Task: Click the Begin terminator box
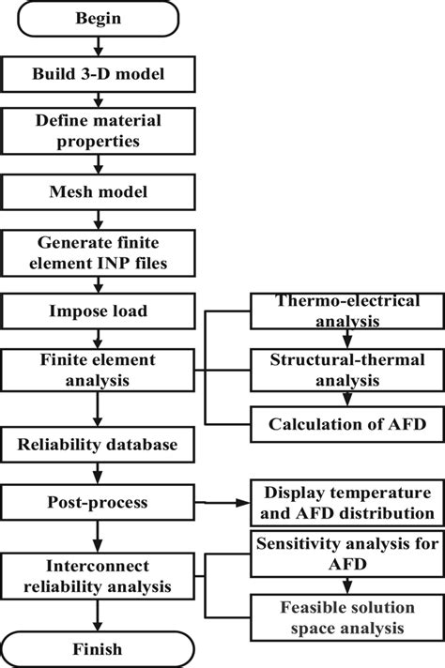[98, 18]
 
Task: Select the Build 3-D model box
[98, 73]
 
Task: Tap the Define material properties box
[98, 132]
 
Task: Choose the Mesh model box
[98, 192]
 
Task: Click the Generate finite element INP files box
[98, 251]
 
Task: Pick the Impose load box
[98, 310]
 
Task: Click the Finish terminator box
[98, 648]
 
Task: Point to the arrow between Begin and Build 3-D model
[98, 46]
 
